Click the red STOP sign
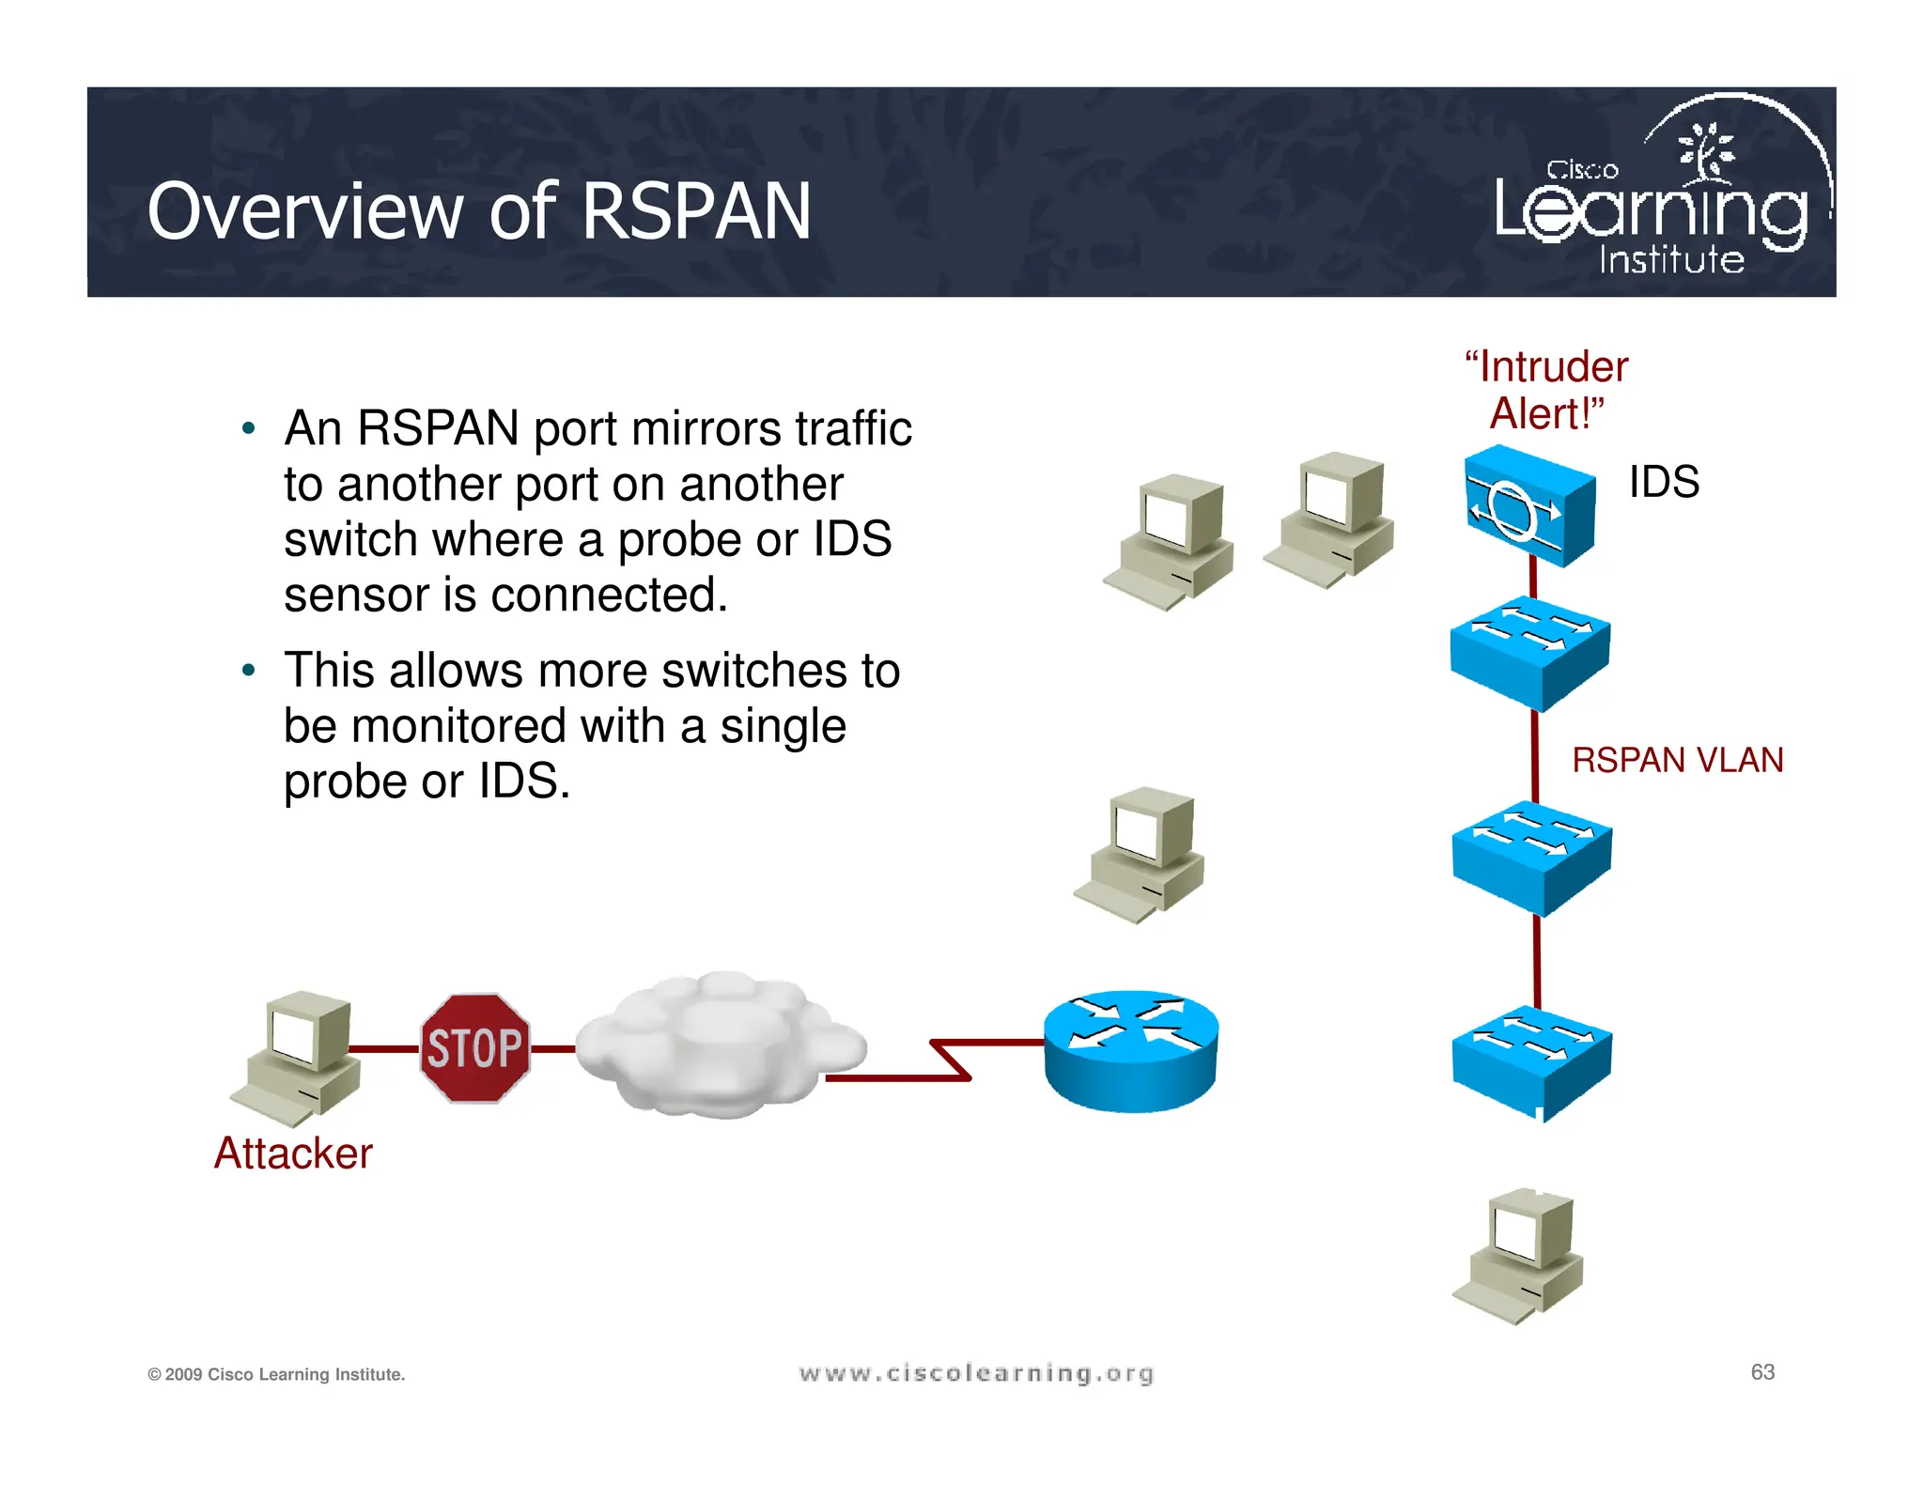pos(475,1047)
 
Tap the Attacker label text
pos(293,1153)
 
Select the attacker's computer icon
pos(297,1058)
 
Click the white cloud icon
pos(719,1045)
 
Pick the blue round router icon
pos(1131,1050)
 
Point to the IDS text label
pos(1664,482)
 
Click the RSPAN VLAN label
pos(1677,760)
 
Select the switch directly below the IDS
pos(1529,652)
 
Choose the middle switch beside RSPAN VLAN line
pos(1531,857)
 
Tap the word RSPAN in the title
pos(696,211)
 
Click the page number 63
pos(1762,1372)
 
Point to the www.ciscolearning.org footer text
pos(976,1373)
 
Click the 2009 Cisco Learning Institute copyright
pos(276,1374)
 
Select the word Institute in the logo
pos(1671,260)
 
